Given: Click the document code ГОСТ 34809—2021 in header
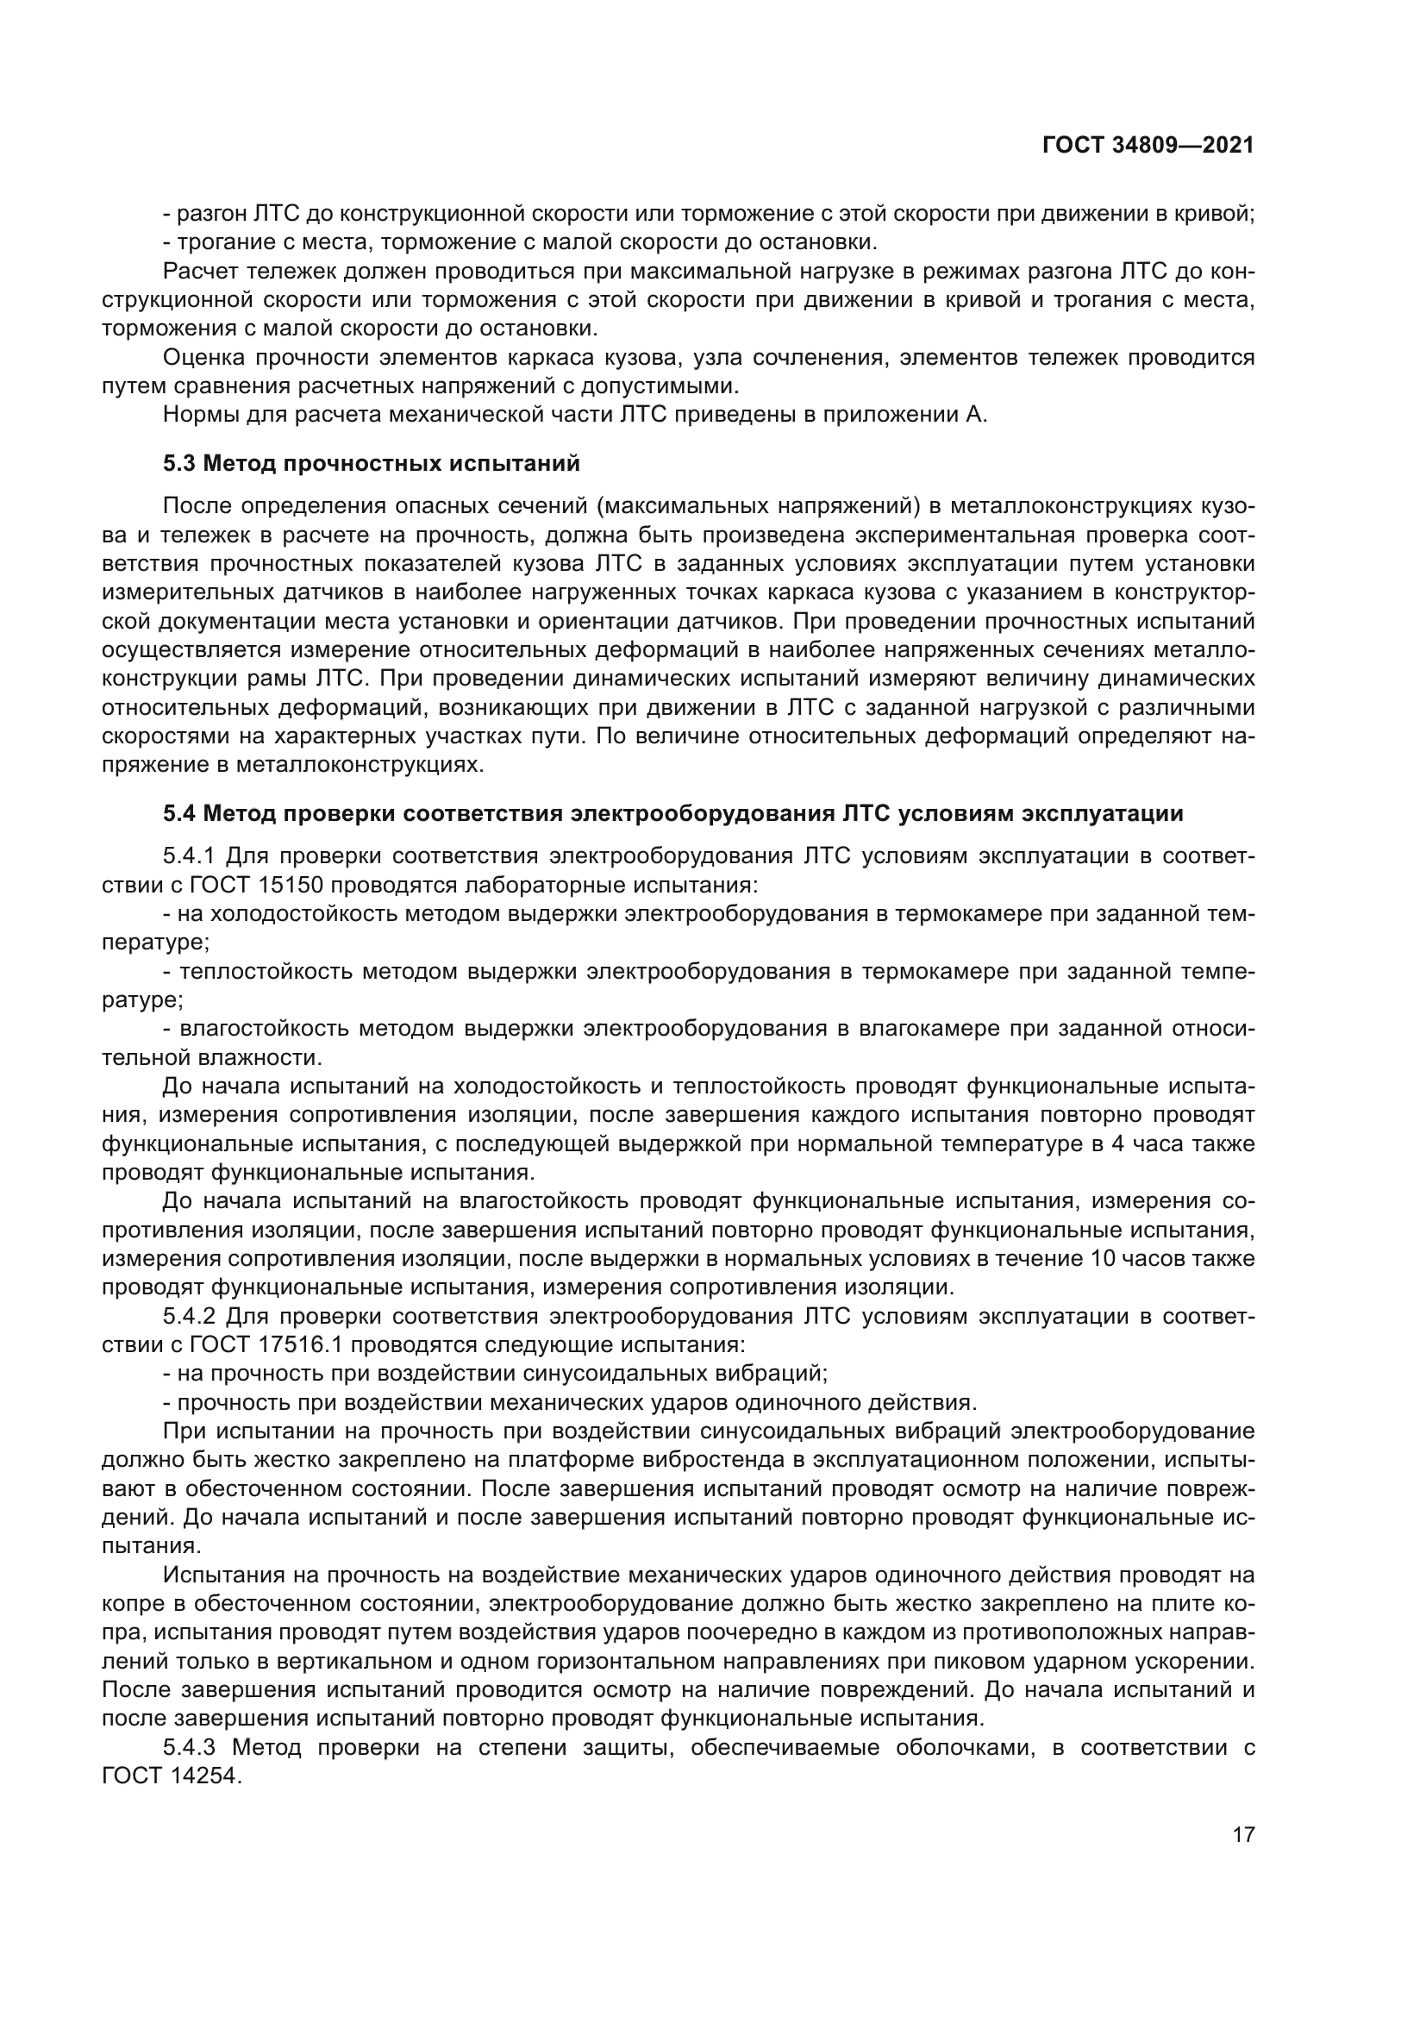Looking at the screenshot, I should click(x=1148, y=145).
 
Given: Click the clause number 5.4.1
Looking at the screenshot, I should click(x=189, y=855).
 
